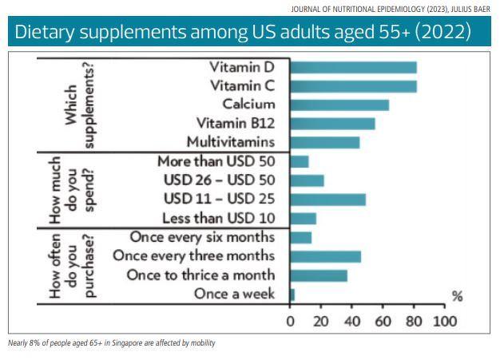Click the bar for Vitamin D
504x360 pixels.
tap(353, 67)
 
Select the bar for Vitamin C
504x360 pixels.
tap(353, 85)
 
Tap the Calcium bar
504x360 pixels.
tap(339, 105)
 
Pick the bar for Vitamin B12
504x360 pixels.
tap(332, 124)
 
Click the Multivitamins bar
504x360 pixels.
tap(325, 142)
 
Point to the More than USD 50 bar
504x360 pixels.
tap(300, 161)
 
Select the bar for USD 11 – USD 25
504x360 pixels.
tap(328, 200)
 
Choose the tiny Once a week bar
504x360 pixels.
tap(292, 295)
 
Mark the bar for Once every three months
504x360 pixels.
tap(326, 256)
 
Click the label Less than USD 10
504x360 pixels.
tap(218, 218)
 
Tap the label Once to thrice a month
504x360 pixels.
tap(201, 275)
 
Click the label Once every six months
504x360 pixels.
tap(201, 237)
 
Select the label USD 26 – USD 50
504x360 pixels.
tap(218, 180)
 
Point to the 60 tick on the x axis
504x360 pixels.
tap(383, 322)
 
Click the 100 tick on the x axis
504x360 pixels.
tap(444, 322)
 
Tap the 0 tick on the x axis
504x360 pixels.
tap(291, 322)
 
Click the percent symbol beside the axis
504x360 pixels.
tap(457, 297)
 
